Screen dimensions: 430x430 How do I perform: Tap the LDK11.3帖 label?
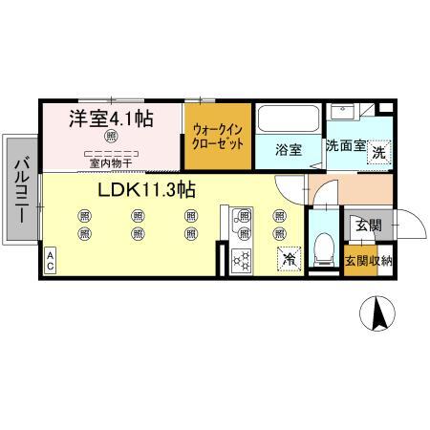tap(145, 189)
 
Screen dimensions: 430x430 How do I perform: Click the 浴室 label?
tap(289, 150)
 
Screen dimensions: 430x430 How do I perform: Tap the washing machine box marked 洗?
tap(379, 151)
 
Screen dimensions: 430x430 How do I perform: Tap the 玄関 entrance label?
tap(369, 226)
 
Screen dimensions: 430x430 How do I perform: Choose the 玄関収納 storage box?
tap(368, 262)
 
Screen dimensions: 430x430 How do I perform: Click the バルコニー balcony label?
tap(19, 191)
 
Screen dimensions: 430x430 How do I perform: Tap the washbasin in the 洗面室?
tap(341, 114)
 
